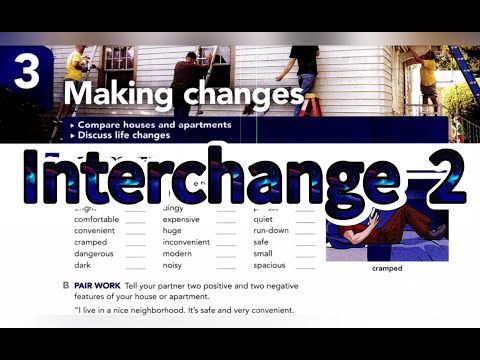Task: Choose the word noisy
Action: pyautogui.click(x=174, y=265)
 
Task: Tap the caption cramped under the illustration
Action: pyautogui.click(x=386, y=268)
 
